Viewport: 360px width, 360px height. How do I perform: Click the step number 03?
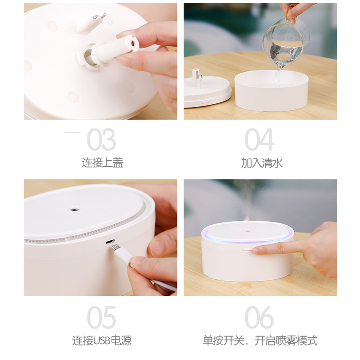pyautogui.click(x=101, y=140)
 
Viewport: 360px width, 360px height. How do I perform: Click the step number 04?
pyautogui.click(x=259, y=140)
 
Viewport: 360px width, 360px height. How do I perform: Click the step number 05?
pyautogui.click(x=101, y=317)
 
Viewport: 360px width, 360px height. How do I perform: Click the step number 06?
pyautogui.click(x=259, y=317)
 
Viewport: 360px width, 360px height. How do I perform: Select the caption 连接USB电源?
pyautogui.click(x=102, y=340)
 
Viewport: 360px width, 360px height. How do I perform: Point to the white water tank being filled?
pyautogui.click(x=271, y=91)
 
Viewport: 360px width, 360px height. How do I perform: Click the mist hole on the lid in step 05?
pyautogui.click(x=74, y=209)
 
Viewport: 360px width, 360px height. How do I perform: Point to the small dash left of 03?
pyautogui.click(x=72, y=132)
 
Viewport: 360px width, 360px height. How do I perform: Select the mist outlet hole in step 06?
pyautogui.click(x=246, y=231)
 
